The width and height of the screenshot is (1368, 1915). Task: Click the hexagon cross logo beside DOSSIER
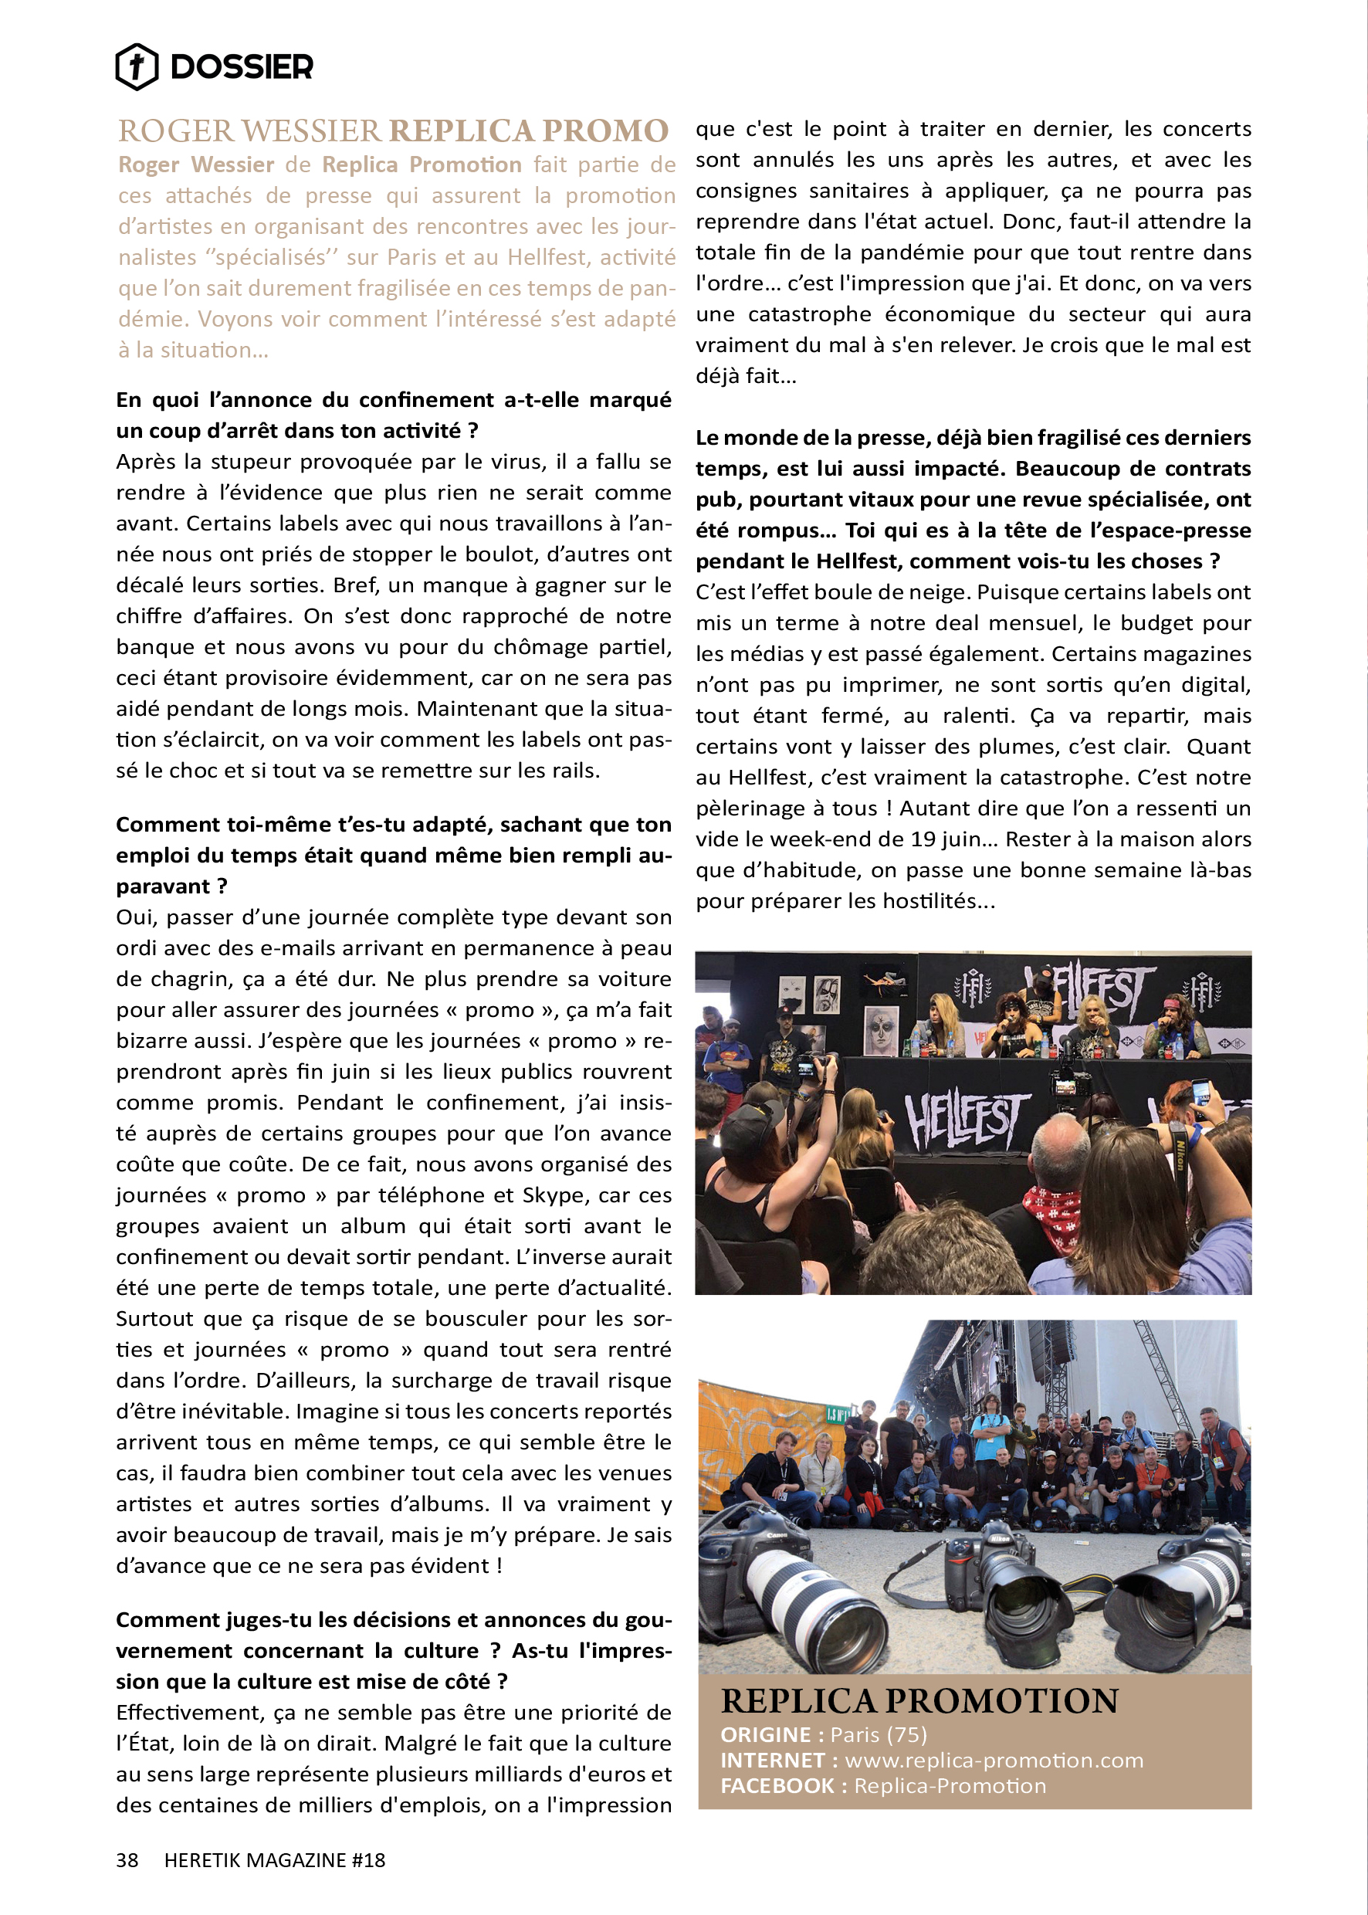click(137, 66)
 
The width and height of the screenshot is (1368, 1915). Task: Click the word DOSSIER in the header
click(242, 66)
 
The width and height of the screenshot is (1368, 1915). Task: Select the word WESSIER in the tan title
click(312, 130)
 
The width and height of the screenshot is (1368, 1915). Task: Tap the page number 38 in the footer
click(127, 1859)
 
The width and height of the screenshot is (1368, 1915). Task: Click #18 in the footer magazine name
click(368, 1859)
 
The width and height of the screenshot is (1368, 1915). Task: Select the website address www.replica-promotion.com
click(994, 1760)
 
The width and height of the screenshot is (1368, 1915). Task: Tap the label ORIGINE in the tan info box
click(765, 1735)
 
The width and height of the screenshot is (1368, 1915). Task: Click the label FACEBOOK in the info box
click(776, 1785)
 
